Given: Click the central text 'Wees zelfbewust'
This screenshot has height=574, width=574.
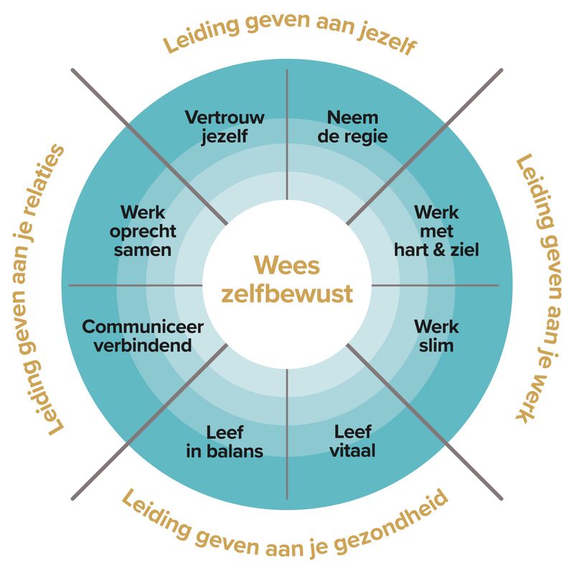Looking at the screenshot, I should [287, 280].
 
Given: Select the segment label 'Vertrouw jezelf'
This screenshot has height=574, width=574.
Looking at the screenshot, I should [225, 126].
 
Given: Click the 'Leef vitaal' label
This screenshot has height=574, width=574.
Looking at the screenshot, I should [353, 441].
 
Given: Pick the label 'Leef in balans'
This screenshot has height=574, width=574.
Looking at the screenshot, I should [225, 441].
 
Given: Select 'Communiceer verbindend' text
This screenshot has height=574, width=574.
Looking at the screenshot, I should [143, 336].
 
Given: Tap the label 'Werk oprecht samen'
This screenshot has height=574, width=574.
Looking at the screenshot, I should [143, 231].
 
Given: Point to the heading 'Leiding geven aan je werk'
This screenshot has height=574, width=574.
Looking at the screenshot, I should [540, 287].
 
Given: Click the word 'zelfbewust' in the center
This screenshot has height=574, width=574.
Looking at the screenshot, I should [287, 294].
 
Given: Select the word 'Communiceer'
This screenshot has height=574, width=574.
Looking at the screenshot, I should [143, 327].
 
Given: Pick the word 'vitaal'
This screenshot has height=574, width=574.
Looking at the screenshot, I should [353, 451].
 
